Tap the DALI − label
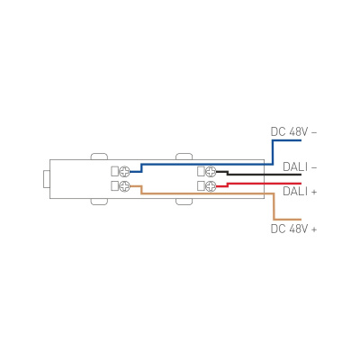(300, 166)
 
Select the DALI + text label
(300, 191)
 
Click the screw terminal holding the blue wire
(125, 171)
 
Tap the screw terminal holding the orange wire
(125, 186)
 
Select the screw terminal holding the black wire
(211, 171)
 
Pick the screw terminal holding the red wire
(211, 186)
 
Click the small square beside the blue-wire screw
(114, 171)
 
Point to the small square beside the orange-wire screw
(114, 186)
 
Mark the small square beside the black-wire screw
(200, 171)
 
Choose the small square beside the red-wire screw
(200, 186)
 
